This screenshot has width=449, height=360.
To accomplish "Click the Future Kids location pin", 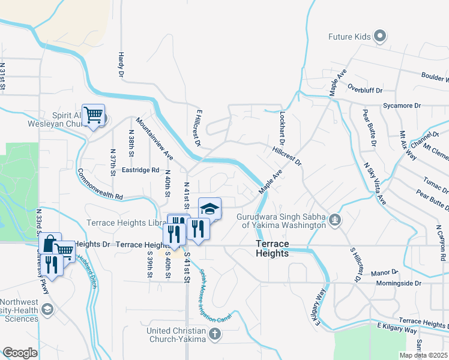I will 379,37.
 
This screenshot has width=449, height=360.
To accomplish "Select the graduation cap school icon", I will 209,209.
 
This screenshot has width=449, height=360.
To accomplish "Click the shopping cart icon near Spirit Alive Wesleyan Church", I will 93,114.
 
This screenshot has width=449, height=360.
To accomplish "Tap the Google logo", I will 20,353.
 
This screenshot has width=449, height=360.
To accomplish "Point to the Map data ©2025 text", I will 424,355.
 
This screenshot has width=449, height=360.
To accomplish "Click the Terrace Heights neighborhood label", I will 272,249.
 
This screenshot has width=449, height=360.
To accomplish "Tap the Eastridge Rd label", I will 140,170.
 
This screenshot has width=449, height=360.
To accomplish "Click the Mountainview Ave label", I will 154,138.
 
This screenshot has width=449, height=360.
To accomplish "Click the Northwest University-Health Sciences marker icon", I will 47,310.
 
